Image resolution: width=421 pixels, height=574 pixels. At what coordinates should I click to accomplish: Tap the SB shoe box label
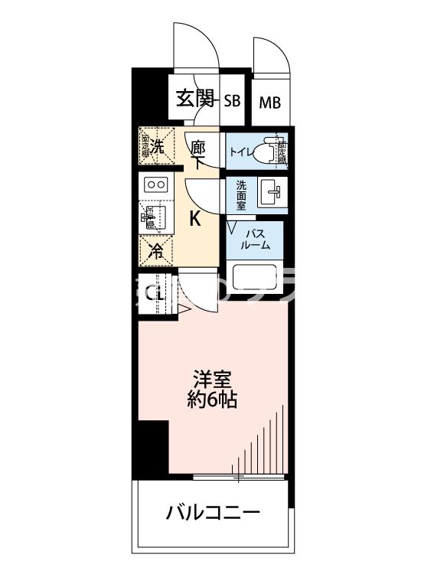coord(233,100)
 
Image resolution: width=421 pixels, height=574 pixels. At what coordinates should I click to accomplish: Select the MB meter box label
coord(269,102)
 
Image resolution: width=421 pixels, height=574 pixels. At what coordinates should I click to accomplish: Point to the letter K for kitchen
coord(195,219)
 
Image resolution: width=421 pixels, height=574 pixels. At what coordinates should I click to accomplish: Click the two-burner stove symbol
coord(156,184)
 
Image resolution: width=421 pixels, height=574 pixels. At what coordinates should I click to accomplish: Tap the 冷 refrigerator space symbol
coord(156,248)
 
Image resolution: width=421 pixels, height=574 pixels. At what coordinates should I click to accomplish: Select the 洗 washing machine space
coord(156,146)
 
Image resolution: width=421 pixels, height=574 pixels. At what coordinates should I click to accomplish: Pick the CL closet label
coord(155,292)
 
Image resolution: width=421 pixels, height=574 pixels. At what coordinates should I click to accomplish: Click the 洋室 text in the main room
coord(213,378)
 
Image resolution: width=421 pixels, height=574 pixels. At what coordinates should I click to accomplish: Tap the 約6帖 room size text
coord(213,399)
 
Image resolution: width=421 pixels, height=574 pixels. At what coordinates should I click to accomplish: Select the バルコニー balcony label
coord(214,512)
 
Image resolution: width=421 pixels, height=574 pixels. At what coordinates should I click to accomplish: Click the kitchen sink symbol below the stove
coord(153,216)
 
